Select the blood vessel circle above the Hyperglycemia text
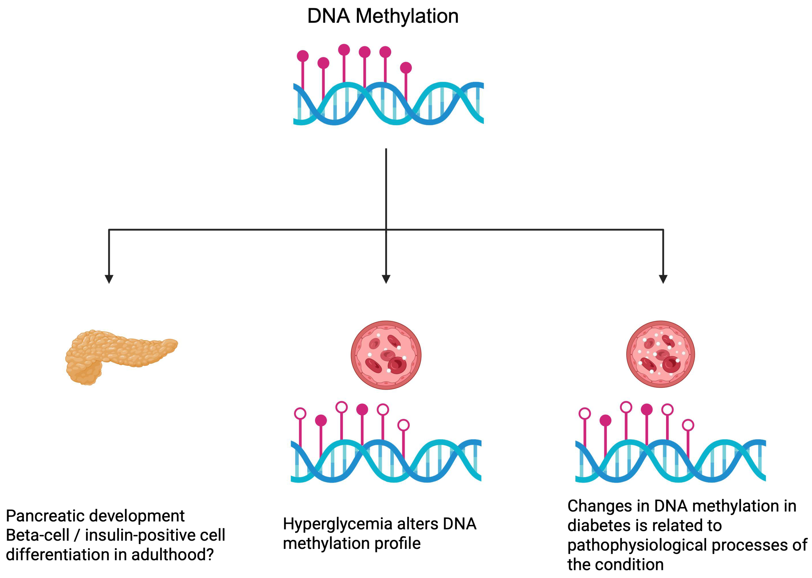point(386,355)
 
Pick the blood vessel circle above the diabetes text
point(660,354)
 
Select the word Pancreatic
point(45,516)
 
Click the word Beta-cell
point(37,535)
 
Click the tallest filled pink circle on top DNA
point(344,50)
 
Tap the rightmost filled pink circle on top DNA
point(406,68)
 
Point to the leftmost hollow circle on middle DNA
point(300,413)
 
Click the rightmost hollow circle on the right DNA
point(688,425)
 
